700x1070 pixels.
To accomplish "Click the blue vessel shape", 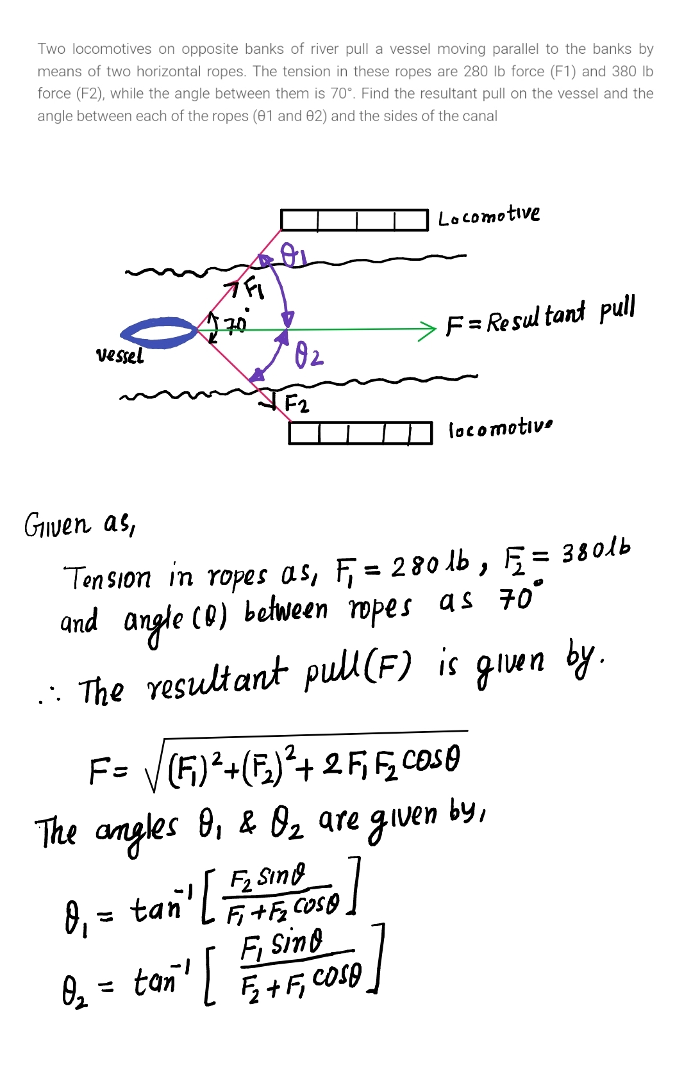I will (159, 333).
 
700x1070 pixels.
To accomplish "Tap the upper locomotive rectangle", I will (354, 220).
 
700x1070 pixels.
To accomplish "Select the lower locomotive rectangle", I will (360, 433).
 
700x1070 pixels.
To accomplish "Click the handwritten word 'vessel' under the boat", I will (120, 356).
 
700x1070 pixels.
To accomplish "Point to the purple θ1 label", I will (294, 256).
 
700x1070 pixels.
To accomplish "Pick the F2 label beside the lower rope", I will (296, 404).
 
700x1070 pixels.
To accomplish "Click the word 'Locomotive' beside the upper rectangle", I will (488, 215).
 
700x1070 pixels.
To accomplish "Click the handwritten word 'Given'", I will (58, 525).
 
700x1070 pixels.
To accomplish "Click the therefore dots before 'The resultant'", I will (49, 696).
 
